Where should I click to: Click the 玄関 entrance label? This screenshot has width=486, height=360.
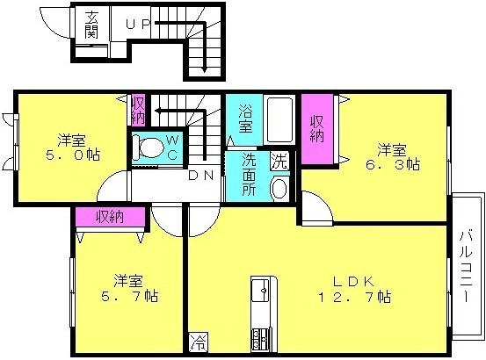pyautogui.click(x=91, y=25)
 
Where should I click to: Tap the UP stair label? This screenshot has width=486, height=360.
pyautogui.click(x=138, y=24)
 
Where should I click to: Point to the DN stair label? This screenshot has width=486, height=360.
pyautogui.click(x=201, y=176)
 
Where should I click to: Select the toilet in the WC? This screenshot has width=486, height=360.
pyautogui.click(x=149, y=148)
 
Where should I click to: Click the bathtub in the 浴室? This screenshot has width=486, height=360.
pyautogui.click(x=279, y=119)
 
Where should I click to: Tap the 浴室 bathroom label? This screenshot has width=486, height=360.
pyautogui.click(x=245, y=119)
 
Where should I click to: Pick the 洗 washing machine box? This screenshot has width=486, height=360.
pyautogui.click(x=279, y=161)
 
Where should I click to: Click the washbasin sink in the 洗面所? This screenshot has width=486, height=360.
pyautogui.click(x=279, y=188)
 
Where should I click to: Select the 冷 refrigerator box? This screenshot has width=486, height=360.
pyautogui.click(x=198, y=342)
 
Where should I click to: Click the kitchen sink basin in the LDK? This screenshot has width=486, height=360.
pyautogui.click(x=260, y=290)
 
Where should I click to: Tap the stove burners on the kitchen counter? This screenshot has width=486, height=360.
pyautogui.click(x=260, y=339)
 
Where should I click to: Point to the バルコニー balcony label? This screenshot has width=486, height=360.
pyautogui.click(x=466, y=265)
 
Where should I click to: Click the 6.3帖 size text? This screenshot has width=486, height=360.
pyautogui.click(x=393, y=164)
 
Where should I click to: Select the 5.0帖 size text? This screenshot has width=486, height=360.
pyautogui.click(x=73, y=155)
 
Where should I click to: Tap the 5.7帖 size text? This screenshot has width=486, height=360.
pyautogui.click(x=129, y=296)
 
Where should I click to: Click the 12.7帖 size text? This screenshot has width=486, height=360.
pyautogui.click(x=354, y=297)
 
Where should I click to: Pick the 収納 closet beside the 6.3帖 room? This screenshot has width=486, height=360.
pyautogui.click(x=317, y=129)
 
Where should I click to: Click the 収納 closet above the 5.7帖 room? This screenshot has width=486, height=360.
pyautogui.click(x=111, y=217)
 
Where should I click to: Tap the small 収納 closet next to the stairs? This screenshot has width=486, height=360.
pyautogui.click(x=138, y=110)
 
